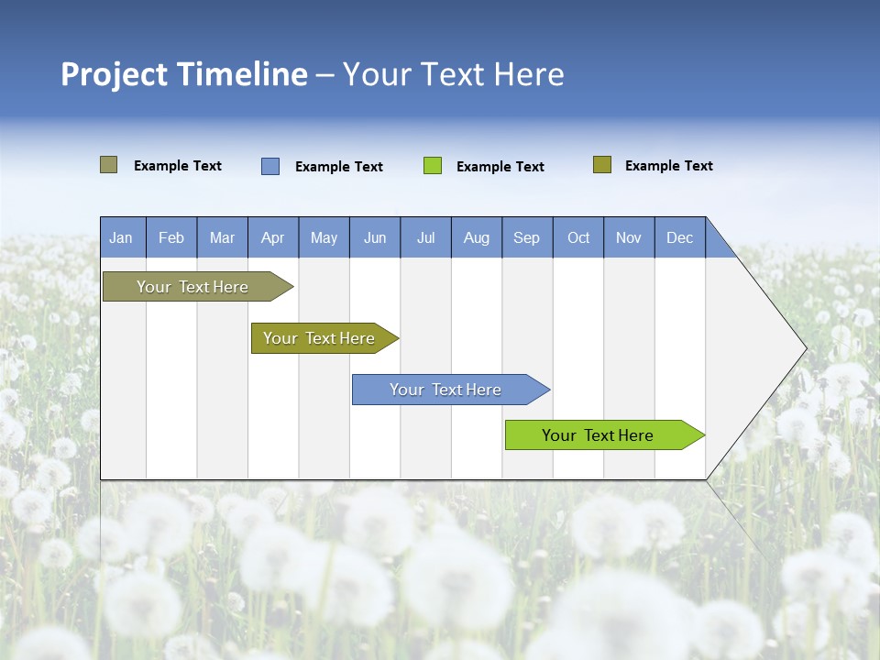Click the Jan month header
pyautogui.click(x=122, y=237)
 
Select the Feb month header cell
pyautogui.click(x=171, y=237)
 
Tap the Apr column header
pyautogui.click(x=273, y=237)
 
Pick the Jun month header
pyautogui.click(x=375, y=237)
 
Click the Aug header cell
pyautogui.click(x=477, y=237)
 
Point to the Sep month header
pyautogui.click(x=527, y=237)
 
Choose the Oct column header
pyautogui.click(x=578, y=237)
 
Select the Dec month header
pyautogui.click(x=680, y=237)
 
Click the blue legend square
pyautogui.click(x=270, y=166)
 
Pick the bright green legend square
pyautogui.click(x=433, y=166)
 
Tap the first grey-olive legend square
pyautogui.click(x=109, y=165)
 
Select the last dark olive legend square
pyautogui.click(x=602, y=165)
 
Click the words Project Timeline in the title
pyautogui.click(x=183, y=74)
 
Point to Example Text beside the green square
pyautogui.click(x=500, y=167)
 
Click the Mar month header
pyautogui.click(x=223, y=237)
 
